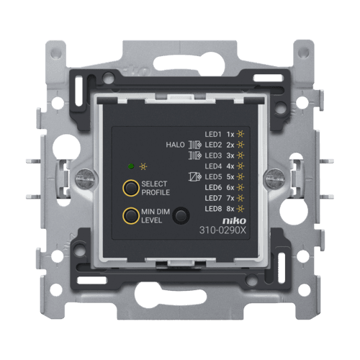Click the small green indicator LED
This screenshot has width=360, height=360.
pos(131,166)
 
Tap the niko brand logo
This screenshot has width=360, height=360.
pos(234,220)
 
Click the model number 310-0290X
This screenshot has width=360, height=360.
pos(222,230)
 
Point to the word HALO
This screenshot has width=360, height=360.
pos(176,145)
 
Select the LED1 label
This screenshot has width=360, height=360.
pos(213,135)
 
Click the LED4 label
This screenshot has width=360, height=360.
pos(213,166)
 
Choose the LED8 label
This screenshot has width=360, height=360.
pos(213,209)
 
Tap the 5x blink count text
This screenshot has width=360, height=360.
pos(230,177)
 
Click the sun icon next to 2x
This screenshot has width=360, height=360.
pos(240,145)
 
